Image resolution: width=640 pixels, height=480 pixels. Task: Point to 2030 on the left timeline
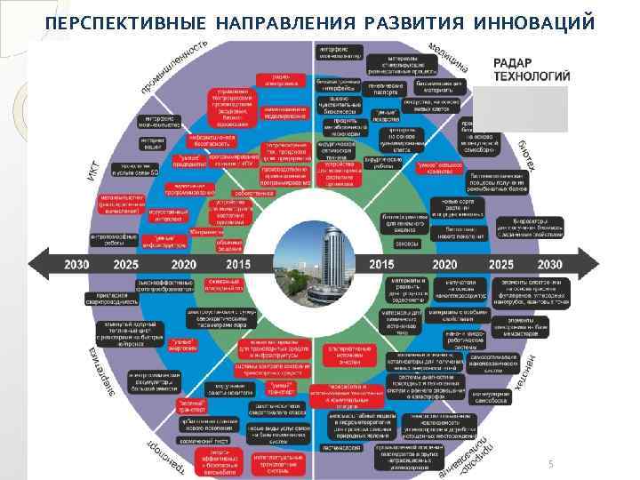77,264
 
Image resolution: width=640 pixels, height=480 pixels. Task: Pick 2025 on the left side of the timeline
126,264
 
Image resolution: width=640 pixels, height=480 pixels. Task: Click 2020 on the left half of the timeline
184,264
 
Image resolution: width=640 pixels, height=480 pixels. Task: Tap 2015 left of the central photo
238,264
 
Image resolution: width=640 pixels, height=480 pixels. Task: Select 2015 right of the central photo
381,264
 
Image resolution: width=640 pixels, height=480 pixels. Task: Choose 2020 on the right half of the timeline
444,264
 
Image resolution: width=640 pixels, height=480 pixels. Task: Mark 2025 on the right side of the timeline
501,264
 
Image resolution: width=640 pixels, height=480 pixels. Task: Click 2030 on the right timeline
550,264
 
